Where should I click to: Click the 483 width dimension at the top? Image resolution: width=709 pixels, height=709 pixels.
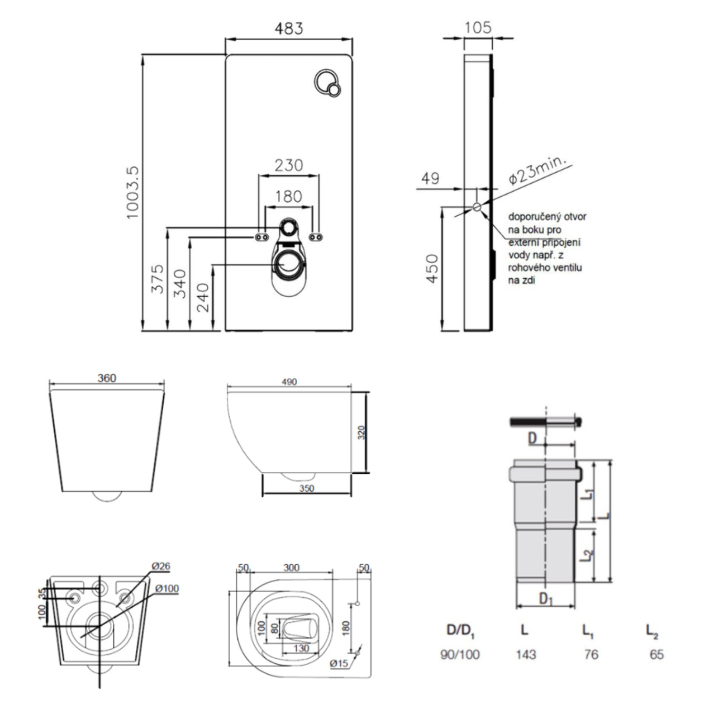point(289,28)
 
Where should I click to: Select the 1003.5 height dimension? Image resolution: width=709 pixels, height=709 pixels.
point(133,192)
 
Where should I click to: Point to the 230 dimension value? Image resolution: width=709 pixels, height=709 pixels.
point(288,165)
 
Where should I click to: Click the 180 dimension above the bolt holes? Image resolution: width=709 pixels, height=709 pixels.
point(288,197)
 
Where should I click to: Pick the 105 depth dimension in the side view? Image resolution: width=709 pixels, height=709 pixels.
point(478,27)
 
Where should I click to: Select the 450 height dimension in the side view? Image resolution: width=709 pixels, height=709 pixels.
point(432,269)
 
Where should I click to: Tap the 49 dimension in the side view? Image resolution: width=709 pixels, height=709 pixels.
point(430,178)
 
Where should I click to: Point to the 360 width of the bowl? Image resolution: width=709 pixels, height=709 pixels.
point(107,378)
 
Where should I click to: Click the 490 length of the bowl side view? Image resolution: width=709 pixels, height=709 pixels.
point(289,382)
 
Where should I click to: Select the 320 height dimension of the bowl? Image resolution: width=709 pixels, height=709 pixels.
point(361,432)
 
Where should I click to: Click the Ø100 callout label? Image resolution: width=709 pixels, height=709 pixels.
point(167,588)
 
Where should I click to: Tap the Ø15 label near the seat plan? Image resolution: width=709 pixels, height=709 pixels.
point(339,663)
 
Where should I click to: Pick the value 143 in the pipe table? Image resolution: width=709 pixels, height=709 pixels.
point(526,654)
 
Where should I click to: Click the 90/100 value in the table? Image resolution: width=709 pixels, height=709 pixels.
point(460,654)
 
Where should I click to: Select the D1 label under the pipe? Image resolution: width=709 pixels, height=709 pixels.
point(546,599)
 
